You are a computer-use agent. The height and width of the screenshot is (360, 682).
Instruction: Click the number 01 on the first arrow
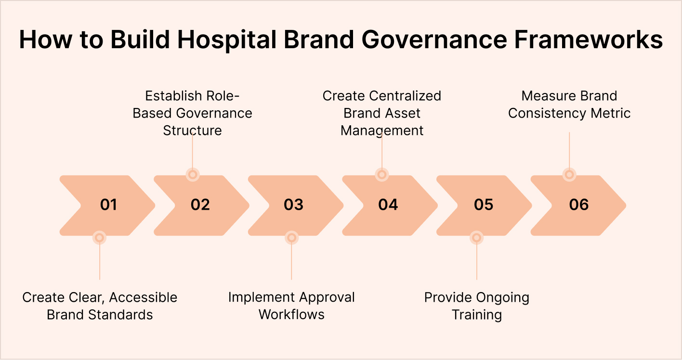coord(108,205)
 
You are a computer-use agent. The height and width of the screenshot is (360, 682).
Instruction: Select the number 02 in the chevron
coord(200,205)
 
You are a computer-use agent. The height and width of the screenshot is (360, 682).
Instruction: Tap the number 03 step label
coord(293,205)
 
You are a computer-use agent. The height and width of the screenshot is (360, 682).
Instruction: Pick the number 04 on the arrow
coord(388,205)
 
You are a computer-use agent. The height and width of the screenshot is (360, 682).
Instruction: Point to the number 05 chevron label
coord(483,205)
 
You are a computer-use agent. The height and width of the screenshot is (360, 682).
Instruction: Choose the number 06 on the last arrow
coord(578,205)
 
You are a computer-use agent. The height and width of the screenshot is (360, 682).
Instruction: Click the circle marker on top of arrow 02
coord(193,174)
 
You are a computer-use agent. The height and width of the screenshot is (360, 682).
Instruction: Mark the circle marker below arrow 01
coord(99,237)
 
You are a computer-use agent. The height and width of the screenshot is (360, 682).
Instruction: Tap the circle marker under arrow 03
coord(291,237)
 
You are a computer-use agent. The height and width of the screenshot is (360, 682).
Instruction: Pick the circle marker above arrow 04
coord(381,174)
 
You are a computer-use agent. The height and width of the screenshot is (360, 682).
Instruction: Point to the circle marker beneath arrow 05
coord(476,237)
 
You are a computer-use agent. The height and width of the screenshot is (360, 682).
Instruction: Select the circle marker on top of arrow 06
coord(569,174)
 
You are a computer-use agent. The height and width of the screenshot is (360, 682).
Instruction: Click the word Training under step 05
coord(476,315)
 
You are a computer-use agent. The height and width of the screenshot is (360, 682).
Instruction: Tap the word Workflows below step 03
coord(291,315)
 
